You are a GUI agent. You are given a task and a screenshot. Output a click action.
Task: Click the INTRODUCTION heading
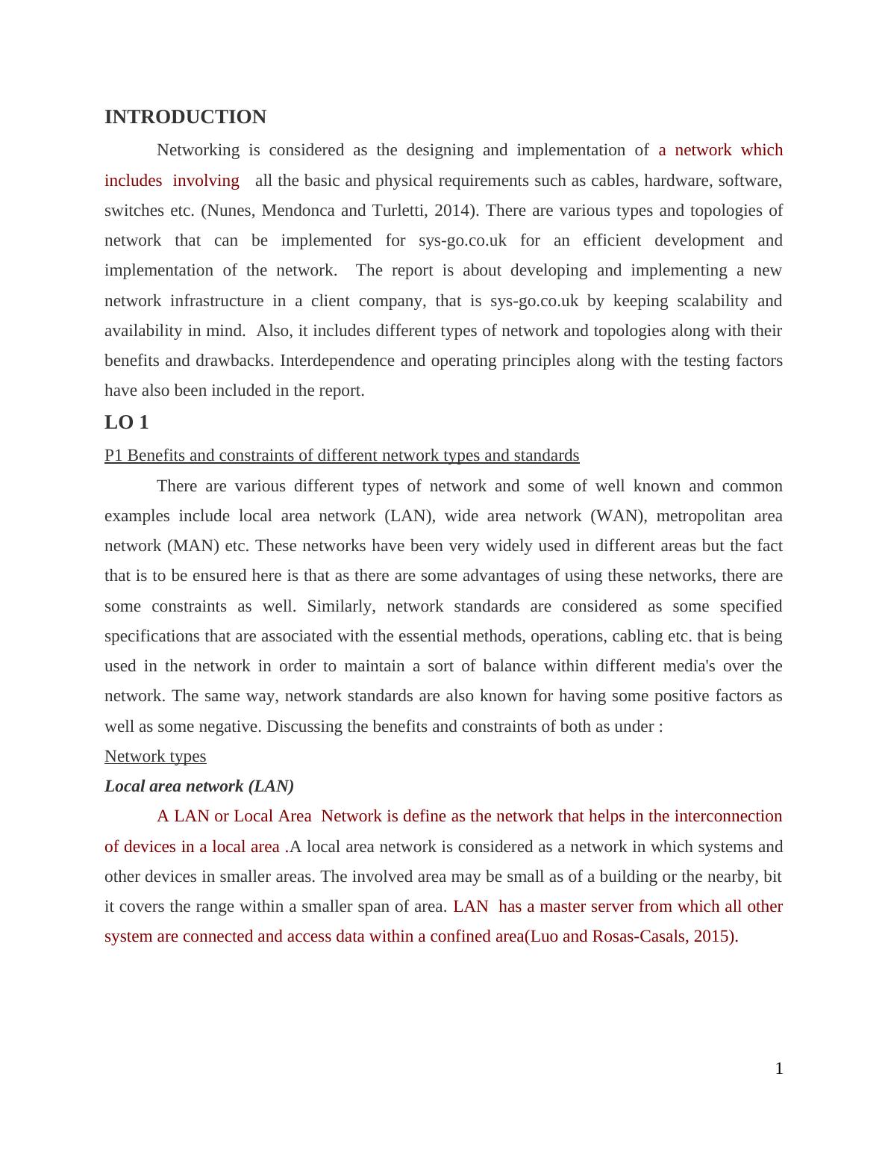point(185,117)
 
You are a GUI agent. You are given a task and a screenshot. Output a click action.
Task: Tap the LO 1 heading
point(126,423)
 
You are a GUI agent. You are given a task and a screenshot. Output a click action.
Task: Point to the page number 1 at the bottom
point(778,1069)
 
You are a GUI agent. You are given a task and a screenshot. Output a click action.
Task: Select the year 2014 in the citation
point(457,211)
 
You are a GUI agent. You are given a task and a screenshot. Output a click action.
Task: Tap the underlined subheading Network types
point(155,756)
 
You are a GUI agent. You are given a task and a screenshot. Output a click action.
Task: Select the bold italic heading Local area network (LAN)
point(199,786)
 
